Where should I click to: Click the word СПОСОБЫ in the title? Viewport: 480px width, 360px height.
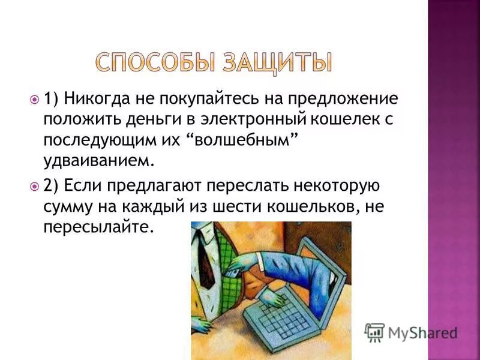(x=151, y=63)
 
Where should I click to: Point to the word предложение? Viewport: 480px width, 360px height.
(x=342, y=98)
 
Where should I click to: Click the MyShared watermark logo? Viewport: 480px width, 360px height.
(x=412, y=331)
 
